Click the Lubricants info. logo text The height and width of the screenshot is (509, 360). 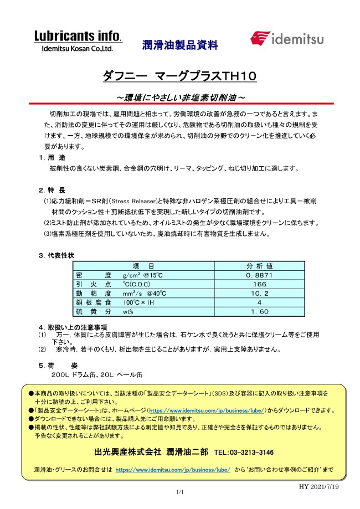[77, 37]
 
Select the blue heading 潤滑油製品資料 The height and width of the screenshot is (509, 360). [180, 44]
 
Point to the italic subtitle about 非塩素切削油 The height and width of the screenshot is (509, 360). [180, 97]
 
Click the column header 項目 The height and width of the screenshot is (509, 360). [144, 266]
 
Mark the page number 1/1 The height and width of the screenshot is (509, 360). [179, 492]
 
